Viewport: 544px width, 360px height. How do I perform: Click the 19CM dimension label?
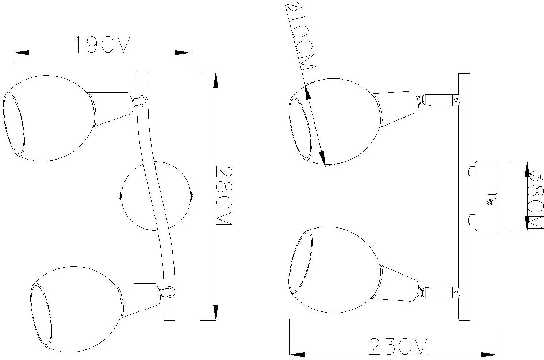point(103,45)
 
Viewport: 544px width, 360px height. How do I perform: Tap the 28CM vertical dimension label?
point(223,196)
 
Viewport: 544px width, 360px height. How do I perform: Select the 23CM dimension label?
point(398,346)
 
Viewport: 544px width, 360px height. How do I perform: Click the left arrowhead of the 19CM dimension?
point(21,53)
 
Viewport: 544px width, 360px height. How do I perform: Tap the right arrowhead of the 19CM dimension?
point(183,53)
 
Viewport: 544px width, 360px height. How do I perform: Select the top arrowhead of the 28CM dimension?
point(216,81)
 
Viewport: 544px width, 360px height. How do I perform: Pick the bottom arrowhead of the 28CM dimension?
point(216,312)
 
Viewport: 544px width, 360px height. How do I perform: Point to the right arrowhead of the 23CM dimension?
point(489,354)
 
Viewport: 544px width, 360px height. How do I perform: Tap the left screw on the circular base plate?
point(120,196)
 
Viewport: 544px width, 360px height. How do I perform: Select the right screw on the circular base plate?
point(192,196)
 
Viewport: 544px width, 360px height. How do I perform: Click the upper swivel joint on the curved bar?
point(142,100)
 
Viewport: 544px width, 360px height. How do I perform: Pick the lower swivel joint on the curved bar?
point(169,291)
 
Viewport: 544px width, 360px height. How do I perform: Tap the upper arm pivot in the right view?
point(456,99)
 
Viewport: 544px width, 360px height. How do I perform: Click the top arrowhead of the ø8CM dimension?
point(527,170)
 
